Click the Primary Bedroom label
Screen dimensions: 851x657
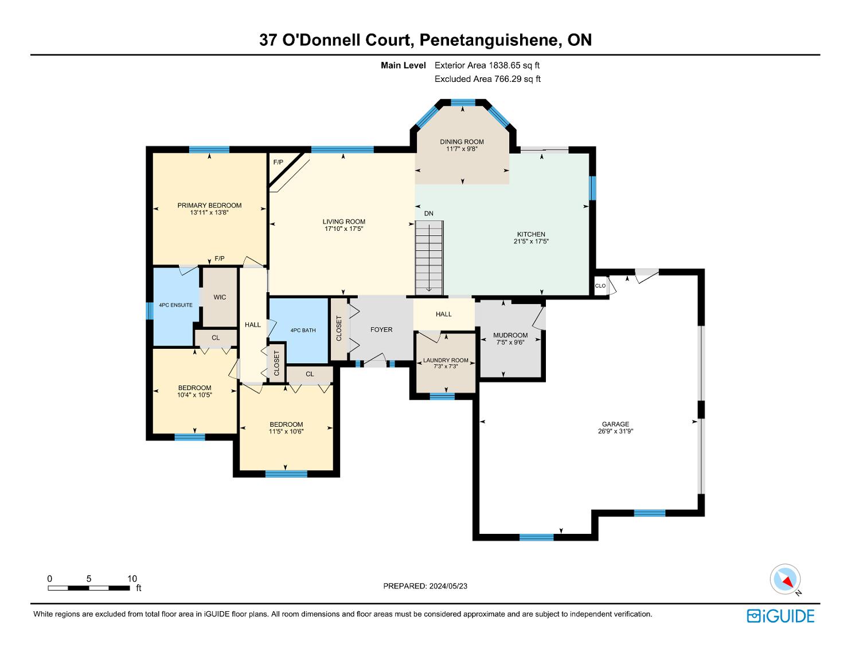click(209, 205)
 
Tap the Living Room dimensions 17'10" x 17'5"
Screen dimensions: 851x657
click(343, 229)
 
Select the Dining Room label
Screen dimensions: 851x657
click(462, 141)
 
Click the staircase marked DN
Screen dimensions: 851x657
click(429, 258)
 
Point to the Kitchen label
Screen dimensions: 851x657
click(531, 234)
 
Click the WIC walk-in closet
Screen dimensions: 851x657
click(220, 297)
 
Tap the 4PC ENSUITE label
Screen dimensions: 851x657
click(175, 305)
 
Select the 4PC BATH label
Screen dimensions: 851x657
click(303, 331)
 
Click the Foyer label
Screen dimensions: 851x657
click(381, 330)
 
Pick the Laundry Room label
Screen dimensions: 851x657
click(446, 360)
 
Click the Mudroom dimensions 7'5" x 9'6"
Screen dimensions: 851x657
click(510, 343)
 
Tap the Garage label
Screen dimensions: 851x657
click(616, 424)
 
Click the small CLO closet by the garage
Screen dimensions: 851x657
click(601, 286)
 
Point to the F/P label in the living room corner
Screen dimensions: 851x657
click(278, 162)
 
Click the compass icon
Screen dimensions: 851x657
click(785, 579)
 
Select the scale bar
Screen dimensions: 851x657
click(89, 588)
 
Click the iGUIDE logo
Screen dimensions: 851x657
click(780, 616)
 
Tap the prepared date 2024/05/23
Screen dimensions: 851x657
click(448, 586)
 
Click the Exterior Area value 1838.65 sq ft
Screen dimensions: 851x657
click(514, 65)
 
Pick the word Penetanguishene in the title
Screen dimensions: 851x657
click(489, 40)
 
